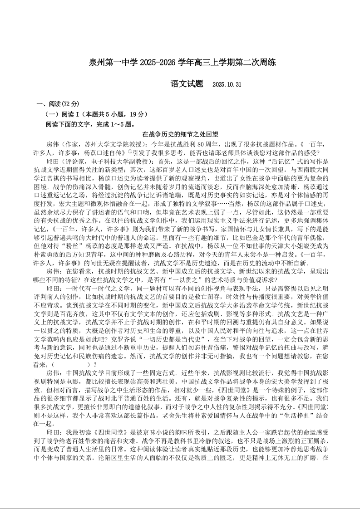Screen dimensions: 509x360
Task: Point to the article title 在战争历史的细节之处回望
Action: [180, 134]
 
